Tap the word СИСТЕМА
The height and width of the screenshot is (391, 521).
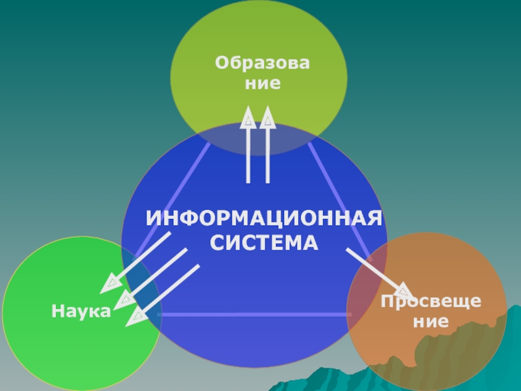coord(264,244)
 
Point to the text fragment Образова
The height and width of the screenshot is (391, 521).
coord(262,64)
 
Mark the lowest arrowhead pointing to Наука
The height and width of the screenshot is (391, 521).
coord(136,317)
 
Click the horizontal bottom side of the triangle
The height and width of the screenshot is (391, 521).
coord(254,314)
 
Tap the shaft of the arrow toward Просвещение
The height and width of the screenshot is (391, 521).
coord(371,267)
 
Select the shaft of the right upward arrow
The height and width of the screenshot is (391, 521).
coord(268,156)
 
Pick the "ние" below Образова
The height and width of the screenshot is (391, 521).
coord(262,84)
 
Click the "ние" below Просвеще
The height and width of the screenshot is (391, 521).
coord(431,321)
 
